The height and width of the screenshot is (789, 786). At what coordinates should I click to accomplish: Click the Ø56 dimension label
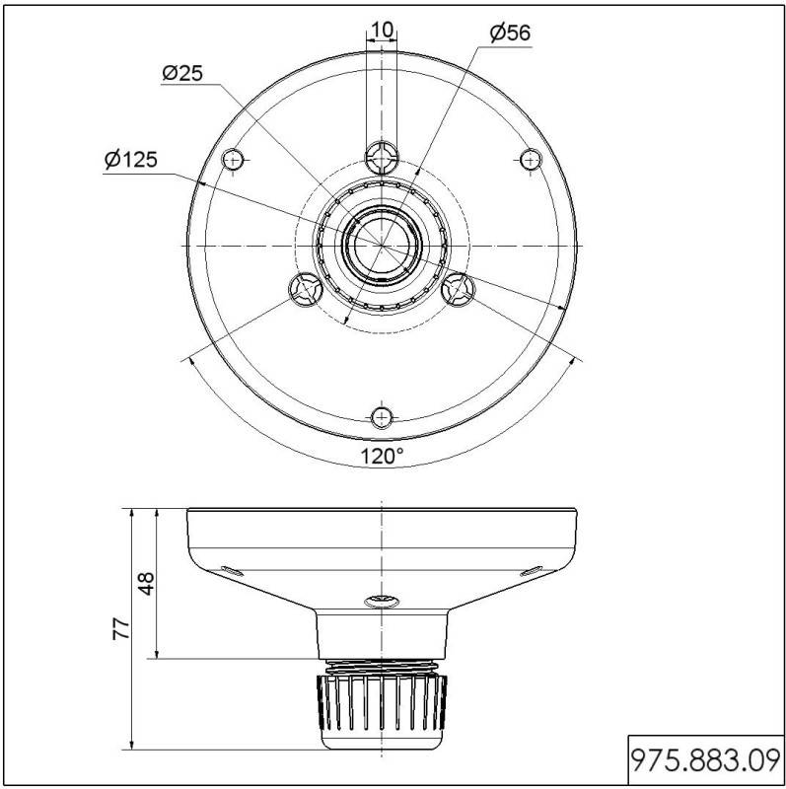510,33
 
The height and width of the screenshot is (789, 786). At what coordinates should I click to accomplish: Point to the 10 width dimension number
382,30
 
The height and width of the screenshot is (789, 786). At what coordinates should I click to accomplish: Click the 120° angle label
381,456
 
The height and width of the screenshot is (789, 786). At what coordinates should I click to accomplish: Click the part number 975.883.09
704,760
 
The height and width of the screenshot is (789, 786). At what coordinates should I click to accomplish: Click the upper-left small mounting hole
233,159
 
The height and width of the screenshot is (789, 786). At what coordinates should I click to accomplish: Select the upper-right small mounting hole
531,159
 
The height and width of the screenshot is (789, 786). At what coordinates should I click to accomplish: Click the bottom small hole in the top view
382,416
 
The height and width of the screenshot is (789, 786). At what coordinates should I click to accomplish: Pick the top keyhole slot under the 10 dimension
382,155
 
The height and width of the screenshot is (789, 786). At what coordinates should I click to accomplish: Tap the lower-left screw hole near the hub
304,289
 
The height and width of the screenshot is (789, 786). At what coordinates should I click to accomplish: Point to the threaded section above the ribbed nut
382,665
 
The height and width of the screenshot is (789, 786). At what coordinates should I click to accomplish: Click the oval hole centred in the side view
382,600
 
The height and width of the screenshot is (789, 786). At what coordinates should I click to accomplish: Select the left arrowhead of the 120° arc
187,363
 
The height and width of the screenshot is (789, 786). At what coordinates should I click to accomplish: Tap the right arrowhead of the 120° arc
575,363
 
